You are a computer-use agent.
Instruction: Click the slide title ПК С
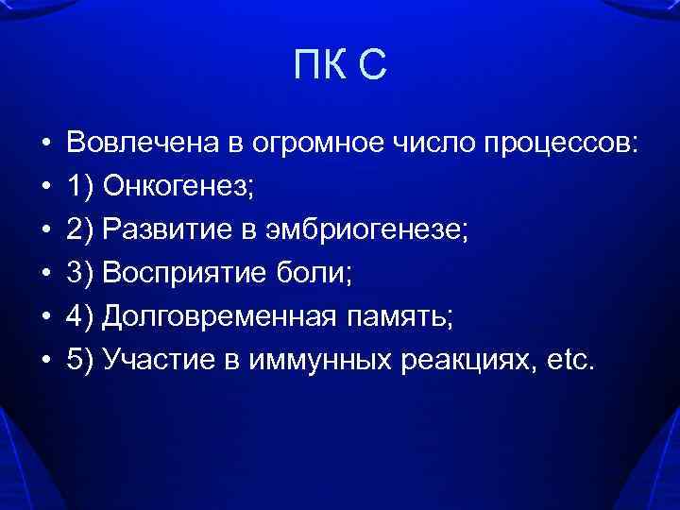[x=340, y=67]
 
